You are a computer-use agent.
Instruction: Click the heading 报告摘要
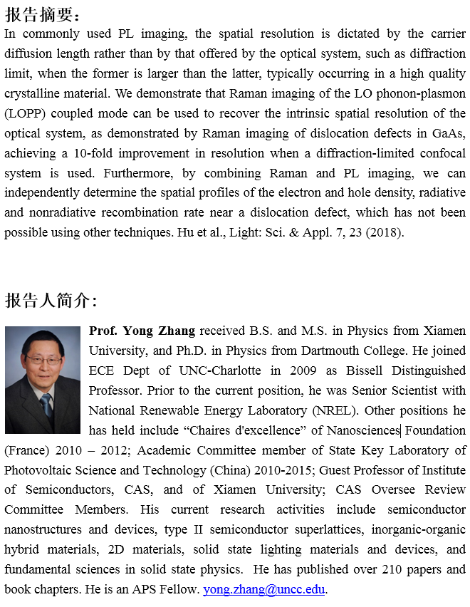[x=42, y=15]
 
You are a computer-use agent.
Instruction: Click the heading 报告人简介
[x=51, y=301]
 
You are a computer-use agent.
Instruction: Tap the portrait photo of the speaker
[x=43, y=380]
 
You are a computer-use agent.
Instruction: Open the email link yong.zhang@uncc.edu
[x=265, y=589]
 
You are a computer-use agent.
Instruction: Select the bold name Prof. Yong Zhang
[x=142, y=331]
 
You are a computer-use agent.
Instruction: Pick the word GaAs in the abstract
[x=449, y=133]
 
